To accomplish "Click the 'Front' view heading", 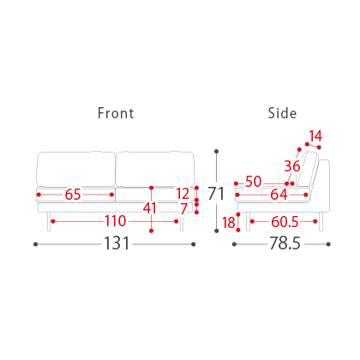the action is point(116,113).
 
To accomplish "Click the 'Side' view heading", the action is point(282,113).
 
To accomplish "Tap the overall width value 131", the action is point(117,243).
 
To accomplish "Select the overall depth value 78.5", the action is point(285,243).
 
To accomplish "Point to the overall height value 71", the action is point(216,194).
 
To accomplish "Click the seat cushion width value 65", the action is point(73,195).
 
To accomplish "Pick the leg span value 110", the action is point(115,221).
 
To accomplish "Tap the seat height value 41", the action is point(150,208).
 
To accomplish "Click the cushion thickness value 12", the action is point(183,194).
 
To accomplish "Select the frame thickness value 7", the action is point(184,208).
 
